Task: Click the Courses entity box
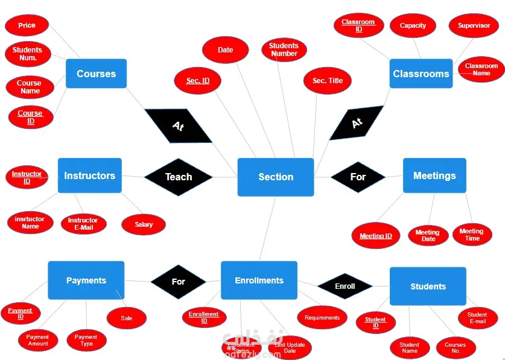[x=96, y=74]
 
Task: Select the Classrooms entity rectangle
[x=421, y=74]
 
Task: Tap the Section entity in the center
[x=276, y=177]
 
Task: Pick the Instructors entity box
[x=89, y=175]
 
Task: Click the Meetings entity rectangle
[x=434, y=175]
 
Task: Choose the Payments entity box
[x=86, y=280]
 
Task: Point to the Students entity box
[x=428, y=286]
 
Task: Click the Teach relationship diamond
[x=179, y=177]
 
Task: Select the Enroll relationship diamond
[x=345, y=286]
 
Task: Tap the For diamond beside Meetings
[x=358, y=177]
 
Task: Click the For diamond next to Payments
[x=178, y=282]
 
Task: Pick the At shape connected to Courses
[x=178, y=125]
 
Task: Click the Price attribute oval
[x=27, y=25]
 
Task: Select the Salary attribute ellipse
[x=144, y=224]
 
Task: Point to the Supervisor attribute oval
[x=474, y=25]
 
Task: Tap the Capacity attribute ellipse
[x=413, y=25]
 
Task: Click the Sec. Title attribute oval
[x=328, y=80]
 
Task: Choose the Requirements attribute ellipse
[x=322, y=318]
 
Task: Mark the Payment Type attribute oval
[x=86, y=340]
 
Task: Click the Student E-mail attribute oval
[x=477, y=318]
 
